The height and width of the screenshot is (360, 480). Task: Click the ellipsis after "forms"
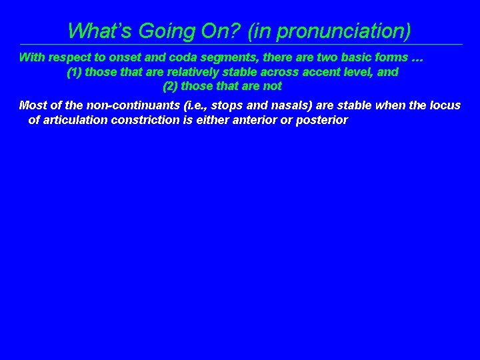(416, 57)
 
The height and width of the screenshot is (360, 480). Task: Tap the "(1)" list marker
(75, 72)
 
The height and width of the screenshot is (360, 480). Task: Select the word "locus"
(445, 105)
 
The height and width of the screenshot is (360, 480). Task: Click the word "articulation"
(73, 120)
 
